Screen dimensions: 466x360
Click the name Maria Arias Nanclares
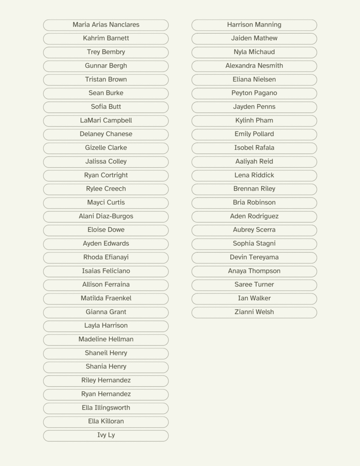(106, 25)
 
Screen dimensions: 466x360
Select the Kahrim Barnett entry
(106, 38)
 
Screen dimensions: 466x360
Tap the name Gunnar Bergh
(106, 66)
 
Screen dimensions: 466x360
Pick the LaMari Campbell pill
(106, 121)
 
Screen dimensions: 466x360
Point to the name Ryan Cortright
(106, 175)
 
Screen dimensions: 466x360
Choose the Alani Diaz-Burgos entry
(106, 216)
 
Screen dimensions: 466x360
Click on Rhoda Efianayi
(106, 257)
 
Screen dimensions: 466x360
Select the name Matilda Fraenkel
(106, 298)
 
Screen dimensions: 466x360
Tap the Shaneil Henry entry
(106, 353)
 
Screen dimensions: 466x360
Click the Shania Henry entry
(106, 367)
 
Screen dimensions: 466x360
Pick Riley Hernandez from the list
(106, 380)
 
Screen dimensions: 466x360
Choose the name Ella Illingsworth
(106, 408)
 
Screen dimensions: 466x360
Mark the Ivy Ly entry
(106, 435)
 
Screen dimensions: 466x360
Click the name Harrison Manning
(254, 25)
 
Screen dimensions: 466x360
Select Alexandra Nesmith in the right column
(254, 66)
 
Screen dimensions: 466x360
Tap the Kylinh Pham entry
(254, 121)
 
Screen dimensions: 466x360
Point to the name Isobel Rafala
(254, 148)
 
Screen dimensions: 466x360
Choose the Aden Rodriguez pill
(254, 216)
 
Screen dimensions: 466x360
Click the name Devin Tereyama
(254, 257)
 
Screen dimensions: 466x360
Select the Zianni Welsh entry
(254, 312)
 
